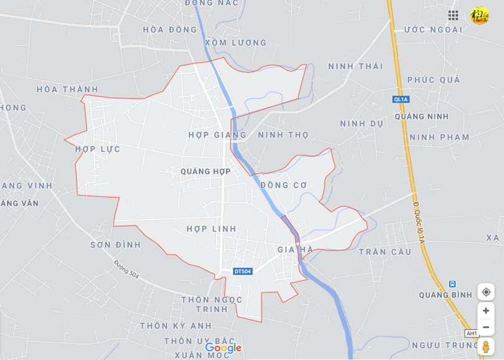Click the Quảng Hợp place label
click(205, 171)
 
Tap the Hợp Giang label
click(217, 135)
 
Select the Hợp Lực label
click(98, 149)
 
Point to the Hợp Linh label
click(212, 229)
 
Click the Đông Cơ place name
click(284, 185)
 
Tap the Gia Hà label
click(295, 249)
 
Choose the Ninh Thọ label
click(283, 135)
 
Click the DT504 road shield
click(243, 271)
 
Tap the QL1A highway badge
click(401, 99)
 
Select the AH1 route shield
click(472, 333)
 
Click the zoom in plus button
click(486, 311)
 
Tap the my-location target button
click(486, 291)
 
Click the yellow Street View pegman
click(486, 346)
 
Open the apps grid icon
click(453, 15)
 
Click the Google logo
click(223, 348)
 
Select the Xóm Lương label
click(235, 42)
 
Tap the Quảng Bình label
click(446, 295)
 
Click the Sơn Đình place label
click(115, 245)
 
